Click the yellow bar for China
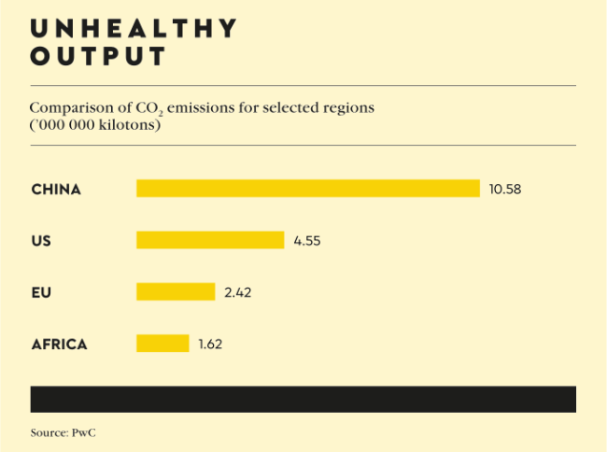(x=308, y=189)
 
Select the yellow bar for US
(x=210, y=241)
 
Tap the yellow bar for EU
(x=176, y=292)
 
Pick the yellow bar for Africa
(x=162, y=344)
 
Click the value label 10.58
(x=505, y=190)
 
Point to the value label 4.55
(x=307, y=241)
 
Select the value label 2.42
(x=238, y=292)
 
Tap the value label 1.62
(x=210, y=344)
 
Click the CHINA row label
(x=56, y=190)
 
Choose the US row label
(x=41, y=241)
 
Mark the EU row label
(x=41, y=292)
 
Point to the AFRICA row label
(x=59, y=344)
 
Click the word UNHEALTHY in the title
(x=134, y=28)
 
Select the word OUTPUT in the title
(x=98, y=57)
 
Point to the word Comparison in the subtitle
(x=68, y=107)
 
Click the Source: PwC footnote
(x=64, y=433)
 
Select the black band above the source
(x=303, y=398)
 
